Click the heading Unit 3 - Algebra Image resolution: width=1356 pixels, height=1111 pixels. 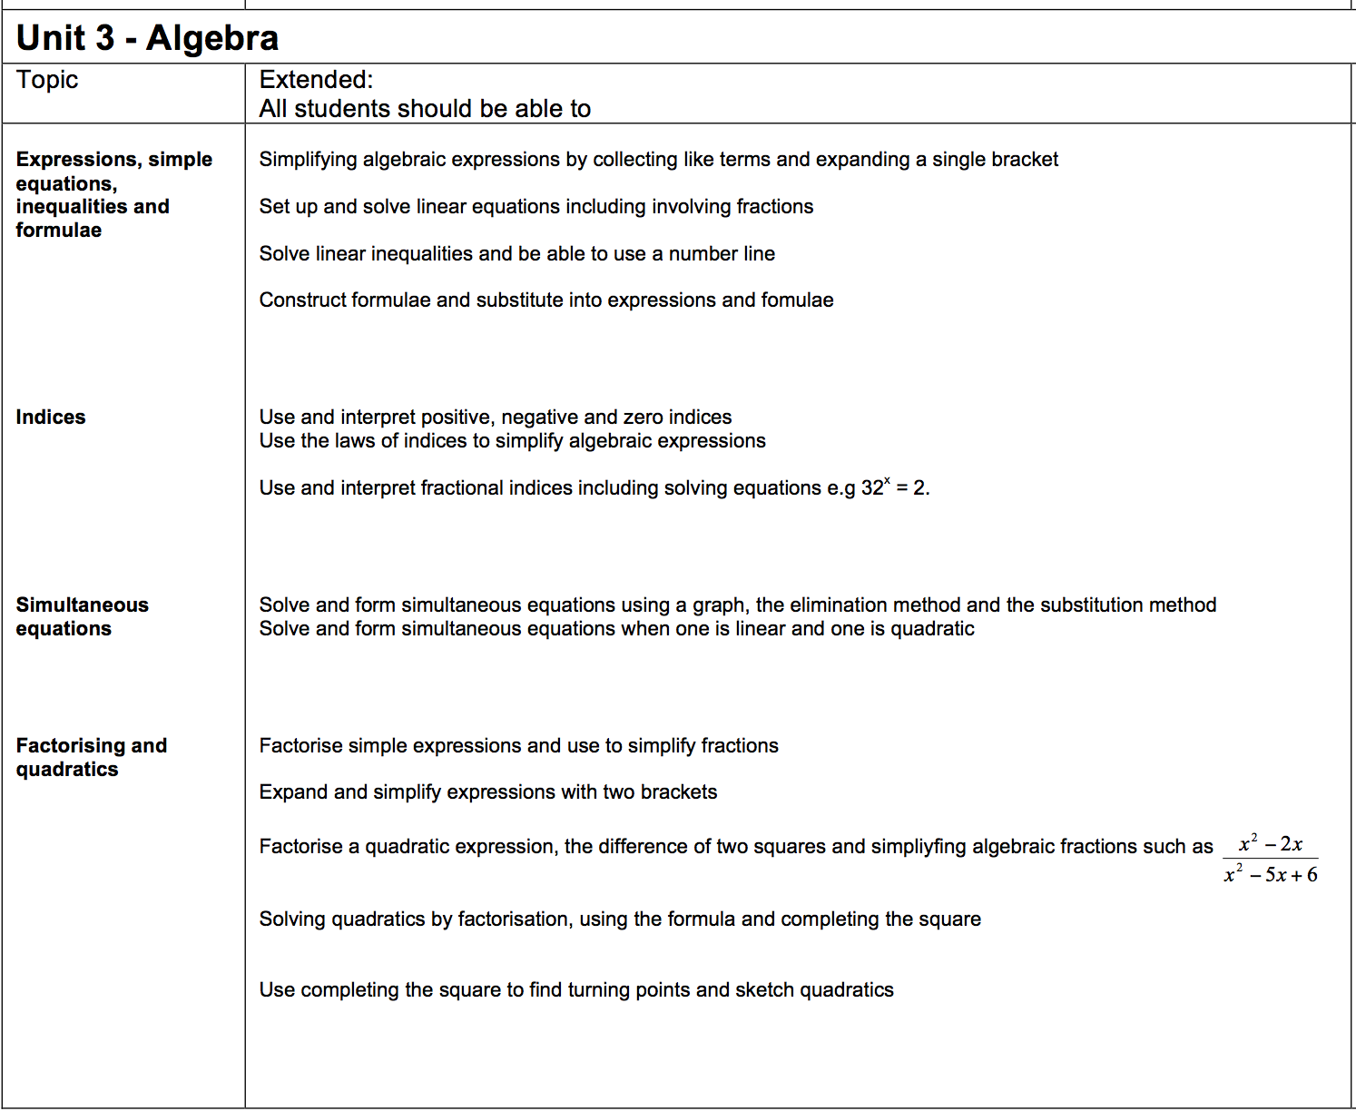click(x=147, y=38)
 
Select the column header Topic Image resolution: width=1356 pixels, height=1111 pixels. click(x=47, y=80)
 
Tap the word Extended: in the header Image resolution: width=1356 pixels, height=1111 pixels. click(x=316, y=80)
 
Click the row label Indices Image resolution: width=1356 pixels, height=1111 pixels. click(x=51, y=417)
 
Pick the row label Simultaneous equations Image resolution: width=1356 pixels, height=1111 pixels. click(x=82, y=616)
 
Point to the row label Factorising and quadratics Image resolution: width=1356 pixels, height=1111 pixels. click(x=91, y=757)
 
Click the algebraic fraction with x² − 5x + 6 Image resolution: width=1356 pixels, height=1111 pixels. click(x=1270, y=859)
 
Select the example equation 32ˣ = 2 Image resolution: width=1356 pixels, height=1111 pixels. click(x=894, y=487)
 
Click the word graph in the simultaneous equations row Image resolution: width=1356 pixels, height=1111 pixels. click(x=720, y=605)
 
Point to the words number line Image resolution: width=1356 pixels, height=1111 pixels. click(x=722, y=253)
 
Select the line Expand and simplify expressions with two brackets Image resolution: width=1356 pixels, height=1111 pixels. click(x=487, y=791)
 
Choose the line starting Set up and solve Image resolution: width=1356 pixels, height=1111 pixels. click(x=536, y=206)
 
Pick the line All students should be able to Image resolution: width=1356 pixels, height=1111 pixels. click(x=425, y=109)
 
